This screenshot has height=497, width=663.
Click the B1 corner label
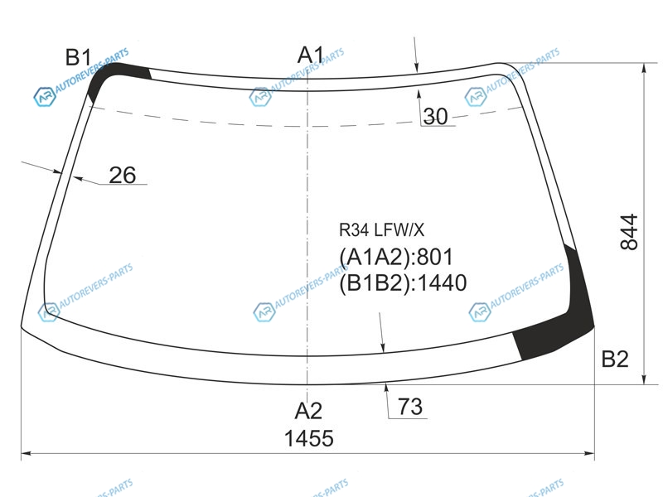pos(79,57)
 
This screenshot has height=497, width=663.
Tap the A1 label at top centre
pos(311,55)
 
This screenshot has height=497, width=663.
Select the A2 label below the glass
pos(308,411)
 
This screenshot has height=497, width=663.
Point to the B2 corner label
pos(615,359)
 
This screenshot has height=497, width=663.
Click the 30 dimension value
pos(436,116)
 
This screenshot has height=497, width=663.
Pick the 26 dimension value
pos(123,175)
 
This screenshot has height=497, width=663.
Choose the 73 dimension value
pos(410,407)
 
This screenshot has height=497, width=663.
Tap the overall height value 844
pos(629,232)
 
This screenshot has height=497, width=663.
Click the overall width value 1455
pos(309,438)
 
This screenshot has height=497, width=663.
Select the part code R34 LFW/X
pos(381,230)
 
